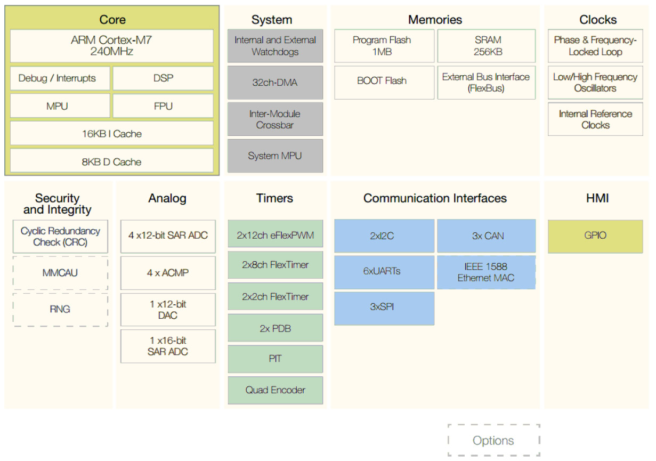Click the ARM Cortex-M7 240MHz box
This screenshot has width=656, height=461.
coord(111,46)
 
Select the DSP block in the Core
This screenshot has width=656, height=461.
coord(163,78)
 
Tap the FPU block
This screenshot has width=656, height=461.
coord(163,106)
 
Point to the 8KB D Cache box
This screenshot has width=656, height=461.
coord(111,161)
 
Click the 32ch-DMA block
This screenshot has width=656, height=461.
coord(275,83)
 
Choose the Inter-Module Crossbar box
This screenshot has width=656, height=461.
coord(275,119)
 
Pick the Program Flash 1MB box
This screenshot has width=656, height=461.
coord(382,46)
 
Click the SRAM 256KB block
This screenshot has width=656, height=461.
coord(487,46)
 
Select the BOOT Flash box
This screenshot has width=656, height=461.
coord(382,81)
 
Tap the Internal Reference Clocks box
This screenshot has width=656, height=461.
coord(595,119)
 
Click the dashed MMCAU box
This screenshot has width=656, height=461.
coord(60,273)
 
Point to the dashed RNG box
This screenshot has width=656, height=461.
coord(60,309)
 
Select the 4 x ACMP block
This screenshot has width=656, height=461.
coord(168,273)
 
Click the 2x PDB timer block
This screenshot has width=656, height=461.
coord(275,328)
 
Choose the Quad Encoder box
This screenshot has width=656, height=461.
coord(275,390)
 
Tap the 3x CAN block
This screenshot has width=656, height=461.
coord(487,236)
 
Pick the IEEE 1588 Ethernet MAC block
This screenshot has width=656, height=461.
coord(487,272)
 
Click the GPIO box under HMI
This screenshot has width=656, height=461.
coord(595,236)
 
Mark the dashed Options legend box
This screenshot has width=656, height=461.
coord(493,440)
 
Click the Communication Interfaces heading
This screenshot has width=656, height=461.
coord(435,198)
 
